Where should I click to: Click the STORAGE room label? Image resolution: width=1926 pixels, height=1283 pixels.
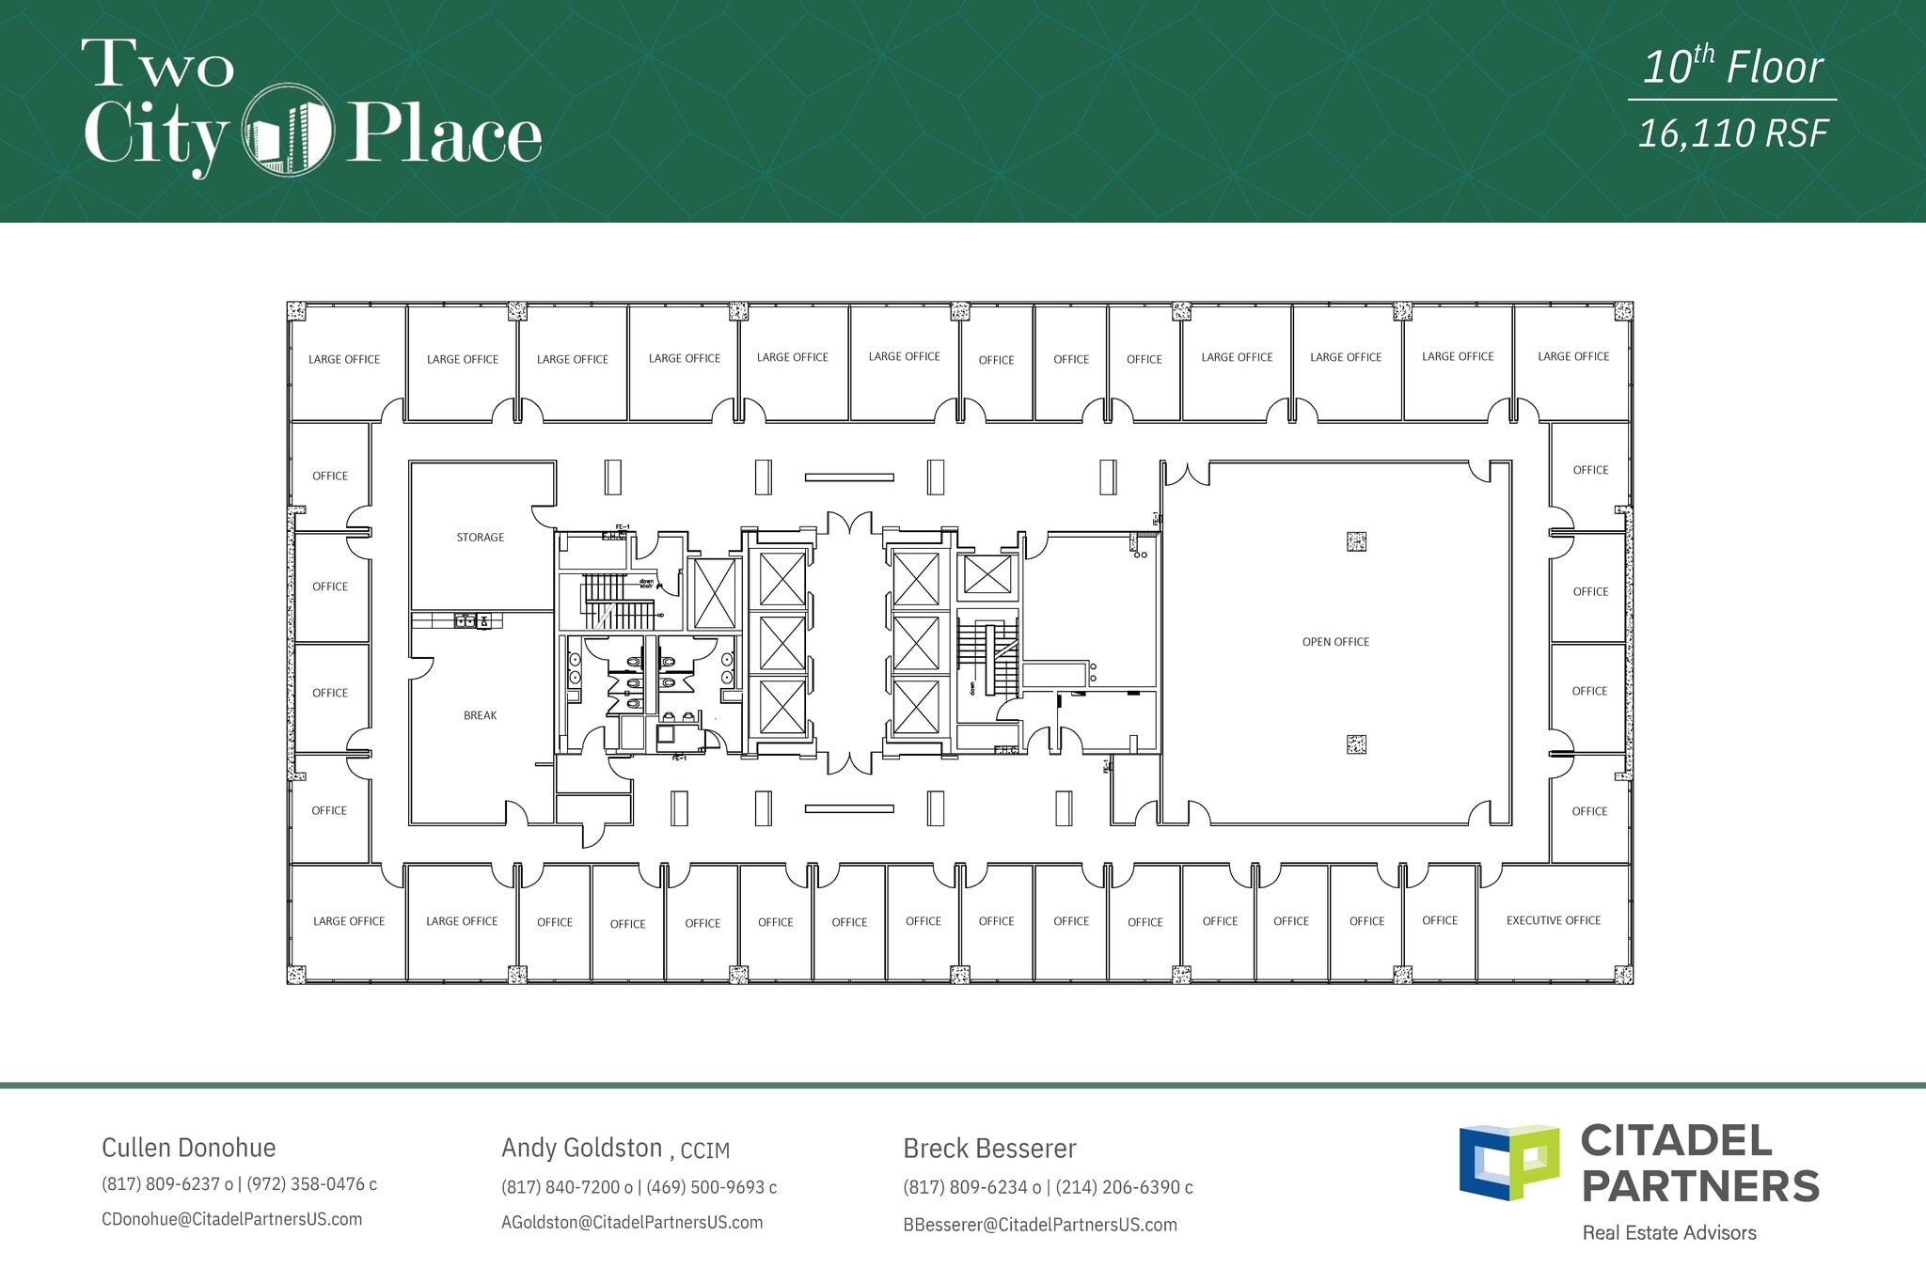(480, 538)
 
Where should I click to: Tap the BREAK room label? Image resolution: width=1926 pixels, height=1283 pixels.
(480, 715)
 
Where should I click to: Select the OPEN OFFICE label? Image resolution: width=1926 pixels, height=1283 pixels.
(1335, 642)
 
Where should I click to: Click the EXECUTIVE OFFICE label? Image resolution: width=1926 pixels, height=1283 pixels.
(1553, 920)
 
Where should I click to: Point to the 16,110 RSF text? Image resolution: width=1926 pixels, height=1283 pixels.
(1732, 133)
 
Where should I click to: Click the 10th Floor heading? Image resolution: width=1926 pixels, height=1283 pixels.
(1732, 68)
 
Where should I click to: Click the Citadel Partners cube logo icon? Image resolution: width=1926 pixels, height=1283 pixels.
(1508, 1162)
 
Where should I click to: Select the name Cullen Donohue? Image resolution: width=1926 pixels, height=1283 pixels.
(188, 1148)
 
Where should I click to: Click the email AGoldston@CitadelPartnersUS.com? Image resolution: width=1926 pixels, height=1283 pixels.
(632, 1223)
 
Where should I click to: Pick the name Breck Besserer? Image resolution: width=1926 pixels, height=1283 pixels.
(989, 1149)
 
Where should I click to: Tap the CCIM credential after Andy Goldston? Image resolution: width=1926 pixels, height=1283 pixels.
(704, 1150)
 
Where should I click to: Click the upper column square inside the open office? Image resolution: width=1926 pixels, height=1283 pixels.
(1356, 541)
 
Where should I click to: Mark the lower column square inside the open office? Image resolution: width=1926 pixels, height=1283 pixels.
(1356, 744)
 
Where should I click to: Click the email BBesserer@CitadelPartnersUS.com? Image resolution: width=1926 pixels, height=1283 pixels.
(1040, 1225)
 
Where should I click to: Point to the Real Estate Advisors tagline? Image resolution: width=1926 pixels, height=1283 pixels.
(1669, 1232)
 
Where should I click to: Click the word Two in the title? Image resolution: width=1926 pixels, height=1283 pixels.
(157, 64)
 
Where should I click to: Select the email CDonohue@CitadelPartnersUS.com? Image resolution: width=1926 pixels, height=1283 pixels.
(231, 1219)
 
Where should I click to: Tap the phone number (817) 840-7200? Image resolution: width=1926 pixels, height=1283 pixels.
(561, 1187)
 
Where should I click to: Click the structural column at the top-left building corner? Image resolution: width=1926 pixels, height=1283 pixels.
(297, 311)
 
